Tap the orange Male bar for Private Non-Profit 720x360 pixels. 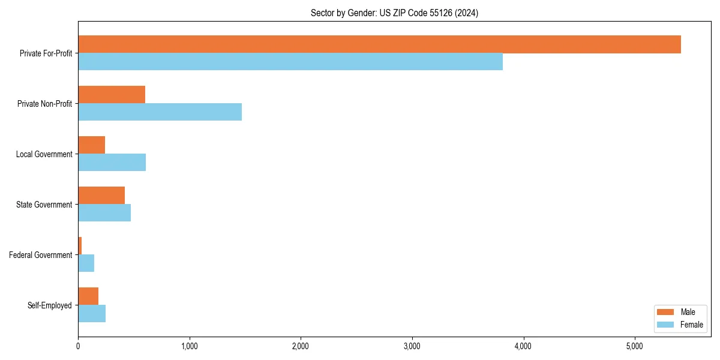112,95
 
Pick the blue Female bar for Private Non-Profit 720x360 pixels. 160,112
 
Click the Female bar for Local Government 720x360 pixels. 112,163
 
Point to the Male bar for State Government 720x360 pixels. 101,196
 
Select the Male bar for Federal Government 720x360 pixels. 80,246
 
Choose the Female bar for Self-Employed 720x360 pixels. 92,314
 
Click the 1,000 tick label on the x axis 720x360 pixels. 189,346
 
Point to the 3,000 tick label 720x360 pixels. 412,346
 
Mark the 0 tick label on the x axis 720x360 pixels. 78,346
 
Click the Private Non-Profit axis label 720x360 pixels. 44,104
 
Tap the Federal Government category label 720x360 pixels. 41,255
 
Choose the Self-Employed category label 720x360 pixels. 50,305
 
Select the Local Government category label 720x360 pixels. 44,154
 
